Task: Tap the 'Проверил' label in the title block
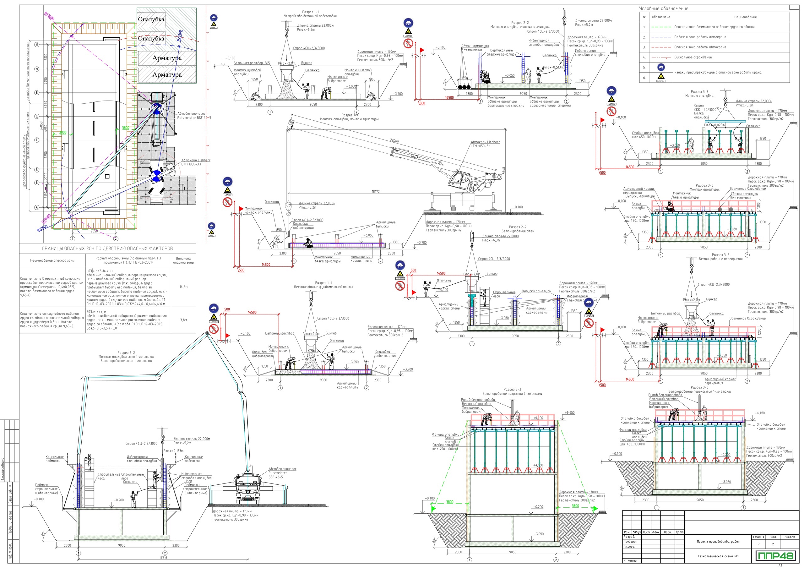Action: tap(629, 541)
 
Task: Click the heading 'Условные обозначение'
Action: tap(664, 8)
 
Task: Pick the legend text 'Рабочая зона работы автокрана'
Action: tap(700, 37)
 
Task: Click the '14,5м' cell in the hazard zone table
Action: tap(183, 287)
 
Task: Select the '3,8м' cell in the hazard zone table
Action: tap(183, 320)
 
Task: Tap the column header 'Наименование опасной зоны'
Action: tap(52, 260)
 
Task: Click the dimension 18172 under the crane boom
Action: tap(375, 192)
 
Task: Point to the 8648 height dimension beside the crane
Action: tap(503, 171)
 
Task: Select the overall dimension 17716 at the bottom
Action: tap(163, 558)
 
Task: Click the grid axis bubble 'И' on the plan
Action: tap(37, 45)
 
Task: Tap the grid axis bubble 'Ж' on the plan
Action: tap(37, 69)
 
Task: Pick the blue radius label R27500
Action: tap(180, 36)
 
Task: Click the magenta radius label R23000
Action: tap(49, 16)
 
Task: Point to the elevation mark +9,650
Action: tap(569, 412)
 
